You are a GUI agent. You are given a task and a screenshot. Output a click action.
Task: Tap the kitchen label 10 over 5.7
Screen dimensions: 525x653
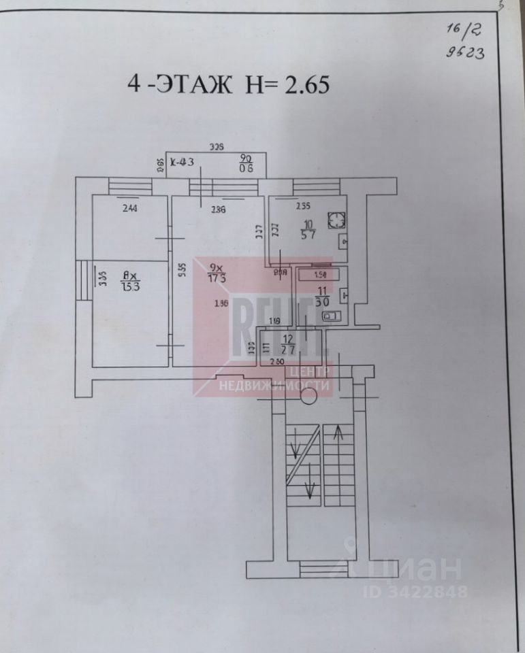[308, 230]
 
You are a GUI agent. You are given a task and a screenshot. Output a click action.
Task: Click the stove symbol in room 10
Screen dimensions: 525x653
[336, 220]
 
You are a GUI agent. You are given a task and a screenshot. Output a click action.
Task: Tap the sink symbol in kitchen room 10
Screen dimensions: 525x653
[343, 240]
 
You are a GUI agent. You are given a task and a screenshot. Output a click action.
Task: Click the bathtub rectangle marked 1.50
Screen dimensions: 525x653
[318, 275]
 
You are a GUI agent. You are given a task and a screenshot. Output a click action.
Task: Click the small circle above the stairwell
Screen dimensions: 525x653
[308, 399]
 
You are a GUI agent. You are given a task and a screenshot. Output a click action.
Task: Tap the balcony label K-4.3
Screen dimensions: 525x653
[182, 163]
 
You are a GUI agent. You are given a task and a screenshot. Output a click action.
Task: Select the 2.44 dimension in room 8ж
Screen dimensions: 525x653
[129, 208]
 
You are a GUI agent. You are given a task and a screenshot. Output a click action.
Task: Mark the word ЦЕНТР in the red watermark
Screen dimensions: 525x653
[311, 372]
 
